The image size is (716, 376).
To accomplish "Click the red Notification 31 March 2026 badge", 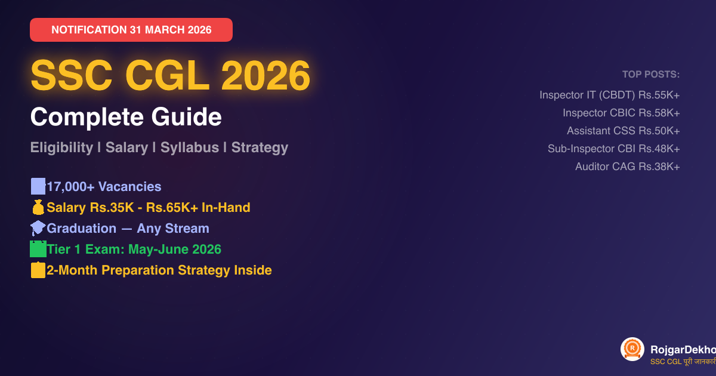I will (x=131, y=30).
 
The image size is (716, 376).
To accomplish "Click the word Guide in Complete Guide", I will (x=190, y=117).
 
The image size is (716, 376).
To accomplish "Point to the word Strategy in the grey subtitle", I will (x=260, y=147).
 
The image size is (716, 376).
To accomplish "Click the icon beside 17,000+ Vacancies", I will (x=38, y=187).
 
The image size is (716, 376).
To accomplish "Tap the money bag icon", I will (x=38, y=208).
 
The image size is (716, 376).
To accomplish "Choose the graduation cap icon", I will (x=38, y=229).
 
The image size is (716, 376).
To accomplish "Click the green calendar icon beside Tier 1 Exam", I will (x=38, y=249).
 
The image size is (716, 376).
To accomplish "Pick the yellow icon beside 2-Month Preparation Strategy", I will (x=38, y=270).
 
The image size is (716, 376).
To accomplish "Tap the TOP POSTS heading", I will (x=651, y=75).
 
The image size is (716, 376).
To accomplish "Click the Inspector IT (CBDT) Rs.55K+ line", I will (x=609, y=95).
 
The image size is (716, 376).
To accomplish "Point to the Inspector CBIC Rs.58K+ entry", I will (x=621, y=113).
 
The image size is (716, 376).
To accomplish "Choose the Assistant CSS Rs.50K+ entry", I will (x=623, y=131).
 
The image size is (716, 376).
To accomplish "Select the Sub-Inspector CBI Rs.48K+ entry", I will (x=613, y=149).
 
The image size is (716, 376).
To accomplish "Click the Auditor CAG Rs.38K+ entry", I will (x=627, y=167).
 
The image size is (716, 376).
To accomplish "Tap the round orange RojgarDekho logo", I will (x=632, y=349).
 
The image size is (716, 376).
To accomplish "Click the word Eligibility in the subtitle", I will (x=61, y=147).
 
